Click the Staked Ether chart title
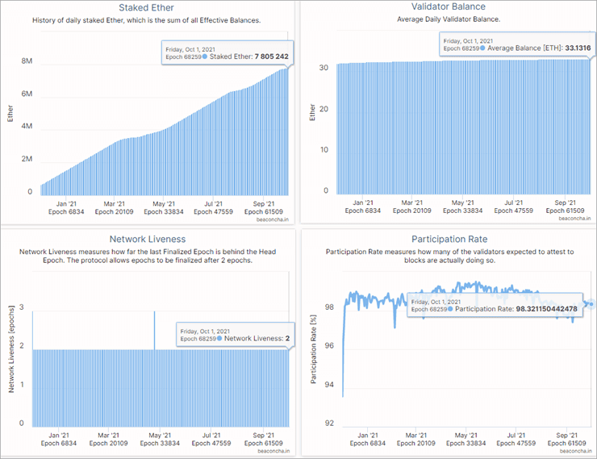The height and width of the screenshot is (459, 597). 152,8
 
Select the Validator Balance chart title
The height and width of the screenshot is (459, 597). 452,7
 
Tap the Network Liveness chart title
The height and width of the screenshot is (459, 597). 148,239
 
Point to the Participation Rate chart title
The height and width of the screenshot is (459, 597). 450,240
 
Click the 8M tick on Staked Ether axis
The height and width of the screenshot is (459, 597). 27,61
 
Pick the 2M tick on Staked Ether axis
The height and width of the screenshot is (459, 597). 27,159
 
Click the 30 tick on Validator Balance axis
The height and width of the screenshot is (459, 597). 324,68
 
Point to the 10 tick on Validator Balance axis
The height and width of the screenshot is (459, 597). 324,150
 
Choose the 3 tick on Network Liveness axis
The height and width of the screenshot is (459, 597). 22,307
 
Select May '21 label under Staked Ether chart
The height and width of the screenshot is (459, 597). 164,203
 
